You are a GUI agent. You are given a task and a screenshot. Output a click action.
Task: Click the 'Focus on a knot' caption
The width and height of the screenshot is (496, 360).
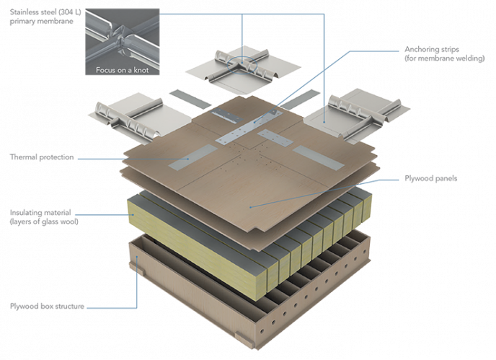[x=122, y=70]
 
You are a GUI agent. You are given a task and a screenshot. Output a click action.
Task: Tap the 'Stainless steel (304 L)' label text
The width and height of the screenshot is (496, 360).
[x=45, y=12]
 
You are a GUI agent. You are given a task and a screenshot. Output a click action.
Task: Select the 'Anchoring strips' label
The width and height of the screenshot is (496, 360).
[x=432, y=49]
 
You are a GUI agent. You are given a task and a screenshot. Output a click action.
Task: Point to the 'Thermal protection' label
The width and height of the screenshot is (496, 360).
[x=42, y=157]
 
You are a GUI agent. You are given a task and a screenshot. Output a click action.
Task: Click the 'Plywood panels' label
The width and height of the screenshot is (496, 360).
[x=431, y=178]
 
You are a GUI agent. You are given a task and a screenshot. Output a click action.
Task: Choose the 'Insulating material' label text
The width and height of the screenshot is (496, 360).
[x=40, y=212]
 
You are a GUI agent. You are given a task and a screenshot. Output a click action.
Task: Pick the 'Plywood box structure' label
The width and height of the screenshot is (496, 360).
[x=47, y=306]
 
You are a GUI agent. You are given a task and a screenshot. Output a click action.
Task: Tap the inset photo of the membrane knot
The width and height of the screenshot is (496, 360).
[x=122, y=42]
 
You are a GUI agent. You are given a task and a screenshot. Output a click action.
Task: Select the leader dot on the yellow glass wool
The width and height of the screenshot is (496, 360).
[x=134, y=215]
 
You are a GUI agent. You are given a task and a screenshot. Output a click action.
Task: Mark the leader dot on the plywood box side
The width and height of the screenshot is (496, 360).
[x=137, y=257]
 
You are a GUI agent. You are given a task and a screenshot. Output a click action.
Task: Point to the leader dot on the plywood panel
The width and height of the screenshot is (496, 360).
[x=251, y=207]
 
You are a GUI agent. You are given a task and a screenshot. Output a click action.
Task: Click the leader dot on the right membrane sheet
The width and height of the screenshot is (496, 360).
[x=324, y=122]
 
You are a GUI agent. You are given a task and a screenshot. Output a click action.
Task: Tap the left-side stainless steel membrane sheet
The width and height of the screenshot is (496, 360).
[x=140, y=117]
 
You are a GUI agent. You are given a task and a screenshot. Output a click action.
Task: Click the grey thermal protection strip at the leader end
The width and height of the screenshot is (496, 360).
[x=193, y=157]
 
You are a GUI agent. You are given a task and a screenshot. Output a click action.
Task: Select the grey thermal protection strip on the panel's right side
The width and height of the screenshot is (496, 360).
[x=319, y=157]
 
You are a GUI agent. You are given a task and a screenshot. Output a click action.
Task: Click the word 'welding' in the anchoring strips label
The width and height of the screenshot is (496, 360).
[x=471, y=58]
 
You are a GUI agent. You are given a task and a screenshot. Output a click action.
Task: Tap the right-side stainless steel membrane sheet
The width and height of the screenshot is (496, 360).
[x=357, y=116]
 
